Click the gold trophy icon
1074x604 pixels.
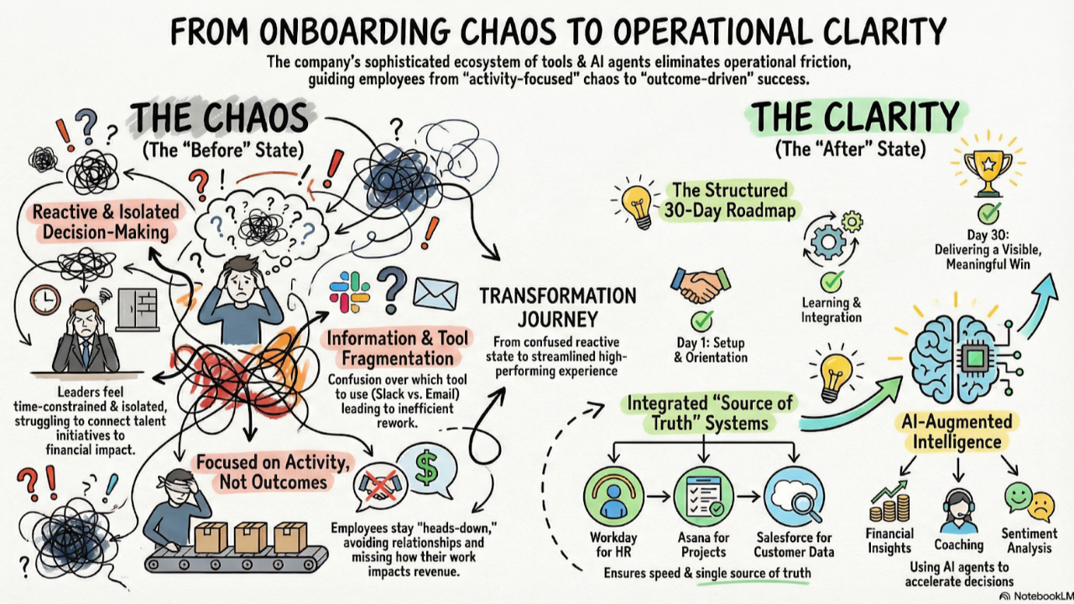pos(988,168)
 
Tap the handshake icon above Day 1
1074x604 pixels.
pos(701,285)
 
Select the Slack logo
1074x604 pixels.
pos(350,292)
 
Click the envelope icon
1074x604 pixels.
pos(435,294)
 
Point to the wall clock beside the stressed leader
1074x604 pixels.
pos(44,299)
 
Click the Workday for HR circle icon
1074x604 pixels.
pos(613,496)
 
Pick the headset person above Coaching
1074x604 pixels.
pos(959,507)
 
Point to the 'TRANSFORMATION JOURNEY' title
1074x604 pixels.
pos(557,307)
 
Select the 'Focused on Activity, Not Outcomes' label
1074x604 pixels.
pos(262,471)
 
